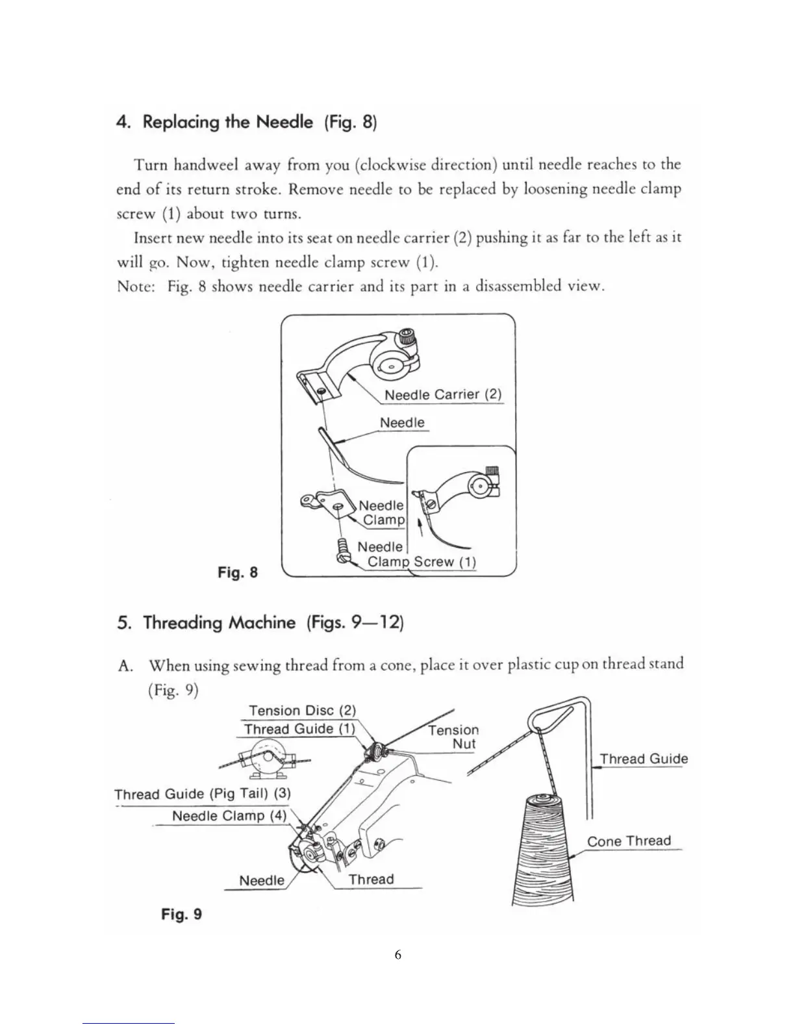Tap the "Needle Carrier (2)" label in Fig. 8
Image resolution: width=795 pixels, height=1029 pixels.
tap(443, 395)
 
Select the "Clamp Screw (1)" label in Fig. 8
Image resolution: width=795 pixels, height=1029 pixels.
tap(422, 562)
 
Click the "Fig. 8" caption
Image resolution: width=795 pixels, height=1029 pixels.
tap(237, 572)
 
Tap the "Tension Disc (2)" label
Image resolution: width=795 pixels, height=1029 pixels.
tap(302, 711)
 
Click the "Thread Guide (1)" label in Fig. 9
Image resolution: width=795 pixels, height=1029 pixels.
tap(299, 729)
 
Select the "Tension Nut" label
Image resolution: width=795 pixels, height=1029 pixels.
tap(454, 737)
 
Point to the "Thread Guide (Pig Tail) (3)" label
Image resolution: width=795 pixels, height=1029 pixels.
tap(203, 794)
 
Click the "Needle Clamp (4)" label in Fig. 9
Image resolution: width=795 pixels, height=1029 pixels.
tap(229, 816)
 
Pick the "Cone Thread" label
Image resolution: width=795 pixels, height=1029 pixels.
tap(629, 841)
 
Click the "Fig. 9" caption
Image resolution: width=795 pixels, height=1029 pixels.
tap(181, 915)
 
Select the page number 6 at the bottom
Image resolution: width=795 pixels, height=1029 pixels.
tap(397, 955)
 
